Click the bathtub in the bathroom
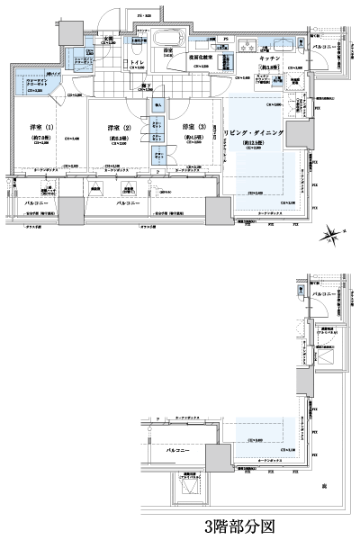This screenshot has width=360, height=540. point(168,40)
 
